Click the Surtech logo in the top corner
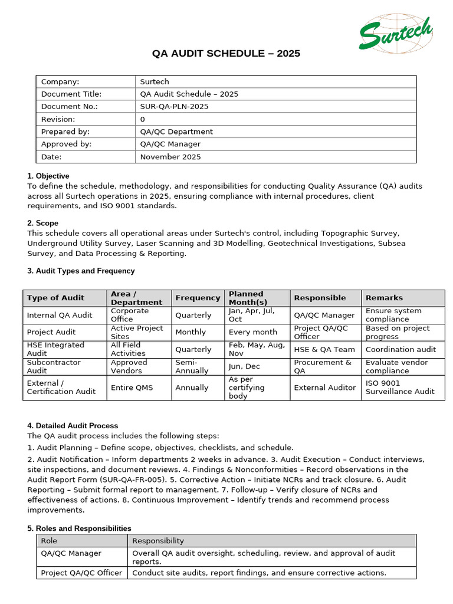(396, 34)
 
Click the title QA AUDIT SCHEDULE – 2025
(226, 54)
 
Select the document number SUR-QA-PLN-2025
(174, 107)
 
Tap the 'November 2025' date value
(170, 157)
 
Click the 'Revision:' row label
(58, 119)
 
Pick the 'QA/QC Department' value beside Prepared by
(176, 132)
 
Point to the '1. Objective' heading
(48, 176)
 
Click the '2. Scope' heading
(43, 224)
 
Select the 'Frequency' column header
(198, 298)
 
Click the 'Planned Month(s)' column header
(248, 298)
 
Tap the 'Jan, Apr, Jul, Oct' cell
(251, 315)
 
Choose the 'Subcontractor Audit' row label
(54, 366)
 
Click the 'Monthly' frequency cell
(191, 332)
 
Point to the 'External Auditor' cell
(325, 388)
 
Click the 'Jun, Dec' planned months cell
(244, 366)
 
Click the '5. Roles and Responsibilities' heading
(80, 528)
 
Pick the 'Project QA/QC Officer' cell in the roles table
(81, 573)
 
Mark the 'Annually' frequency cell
(192, 388)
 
